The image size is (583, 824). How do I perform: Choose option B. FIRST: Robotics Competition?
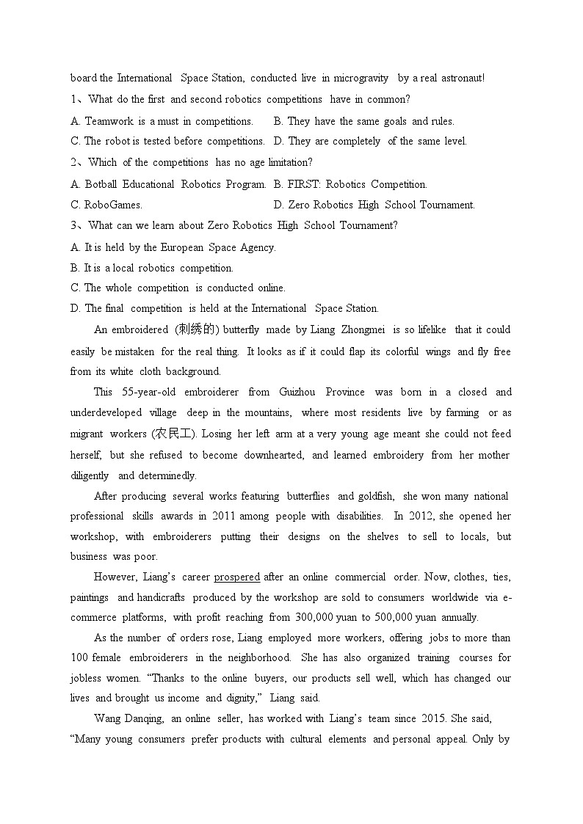(x=350, y=184)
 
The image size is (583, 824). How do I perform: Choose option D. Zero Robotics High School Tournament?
(x=374, y=205)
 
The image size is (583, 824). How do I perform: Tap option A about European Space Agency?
(x=173, y=247)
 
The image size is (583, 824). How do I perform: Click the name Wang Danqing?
(x=128, y=718)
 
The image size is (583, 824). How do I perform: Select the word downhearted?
(x=275, y=455)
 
